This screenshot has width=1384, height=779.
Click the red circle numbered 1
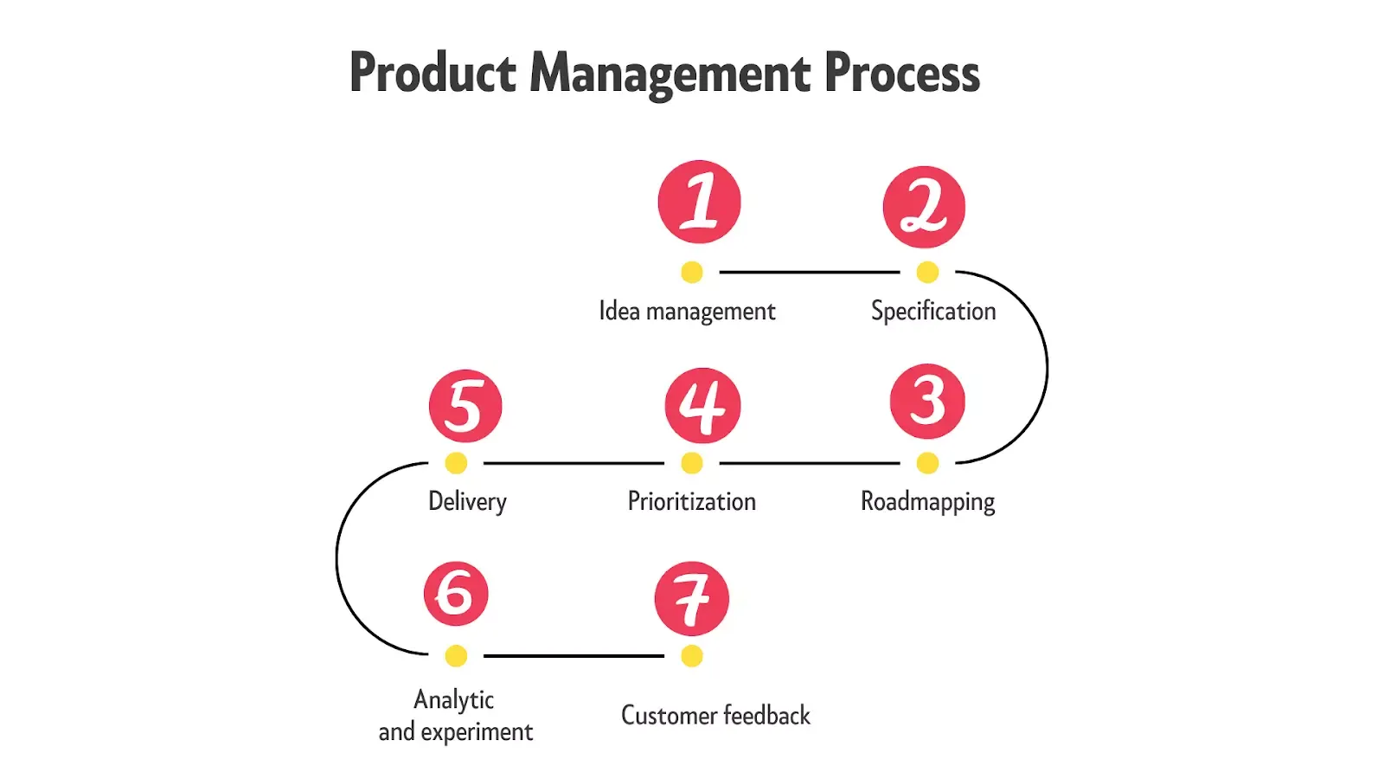tap(699, 202)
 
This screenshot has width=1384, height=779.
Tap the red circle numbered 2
tap(924, 207)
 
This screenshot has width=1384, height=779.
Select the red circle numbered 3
tap(927, 401)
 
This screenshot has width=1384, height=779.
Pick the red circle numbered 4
tap(702, 405)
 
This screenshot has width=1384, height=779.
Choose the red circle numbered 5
tap(465, 406)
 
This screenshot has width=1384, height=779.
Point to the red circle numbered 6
tap(456, 594)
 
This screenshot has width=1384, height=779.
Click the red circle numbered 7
tap(691, 598)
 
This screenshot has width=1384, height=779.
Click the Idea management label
tap(687, 312)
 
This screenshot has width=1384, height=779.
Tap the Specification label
tap(933, 312)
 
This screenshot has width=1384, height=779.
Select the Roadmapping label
tap(927, 502)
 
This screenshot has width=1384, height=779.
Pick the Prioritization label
tap(691, 502)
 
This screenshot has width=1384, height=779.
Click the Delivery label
tap(467, 502)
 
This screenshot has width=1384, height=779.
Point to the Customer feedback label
tap(715, 716)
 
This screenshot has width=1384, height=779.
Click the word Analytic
tap(454, 699)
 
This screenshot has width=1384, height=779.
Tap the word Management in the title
tap(670, 73)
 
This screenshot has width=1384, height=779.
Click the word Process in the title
tap(902, 73)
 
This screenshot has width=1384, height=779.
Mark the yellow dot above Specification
tap(927, 272)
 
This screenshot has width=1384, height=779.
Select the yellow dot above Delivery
tap(456, 463)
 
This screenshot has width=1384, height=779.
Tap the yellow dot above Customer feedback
tap(691, 656)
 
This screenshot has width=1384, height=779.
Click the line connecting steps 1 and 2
tap(809, 272)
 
